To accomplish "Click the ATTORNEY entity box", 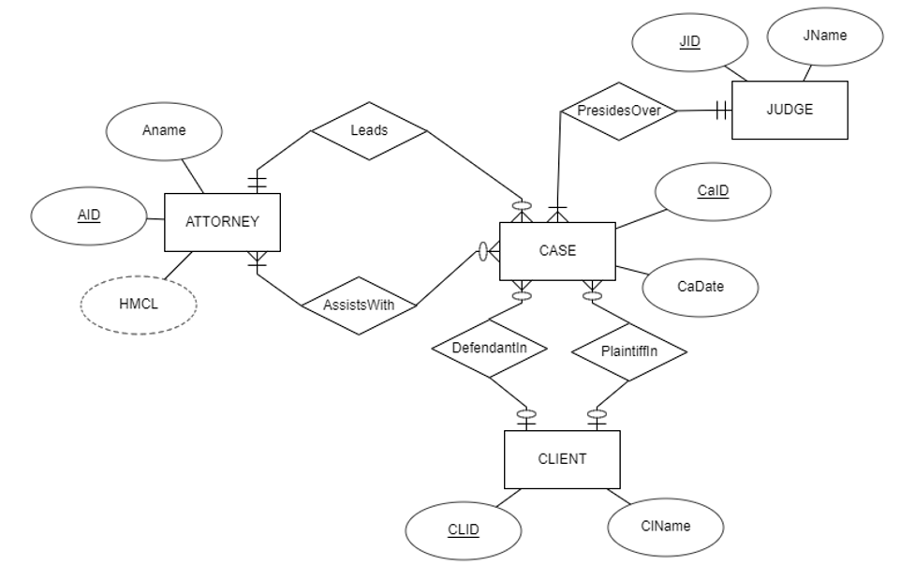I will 222,222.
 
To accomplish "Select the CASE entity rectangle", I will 557,251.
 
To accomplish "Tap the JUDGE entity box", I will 790,110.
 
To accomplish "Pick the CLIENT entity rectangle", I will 562,459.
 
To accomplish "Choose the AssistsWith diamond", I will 360,305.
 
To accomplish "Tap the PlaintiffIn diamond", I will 629,352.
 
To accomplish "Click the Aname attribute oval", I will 164,131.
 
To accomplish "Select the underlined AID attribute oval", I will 89,215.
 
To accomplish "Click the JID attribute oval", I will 689,43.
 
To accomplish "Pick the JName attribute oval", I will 825,37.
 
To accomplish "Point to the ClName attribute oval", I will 666,526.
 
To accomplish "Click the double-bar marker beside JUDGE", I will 721,111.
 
